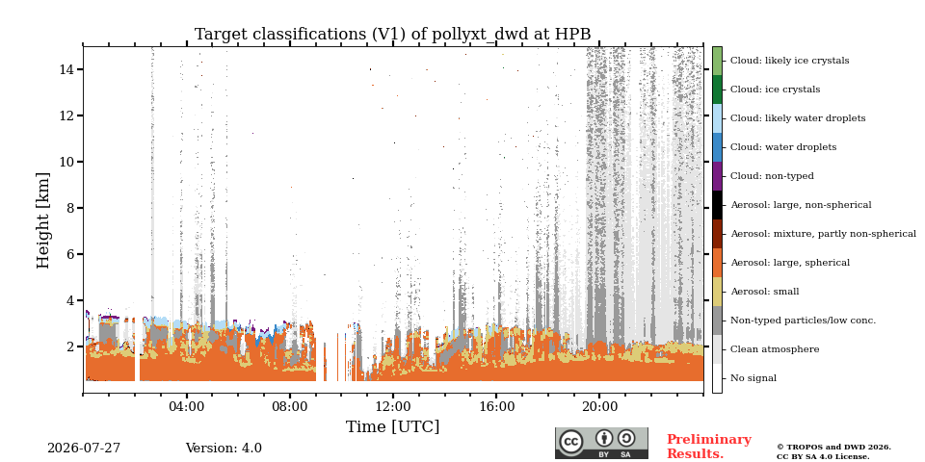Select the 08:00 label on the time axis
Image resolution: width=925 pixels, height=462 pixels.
tap(290, 406)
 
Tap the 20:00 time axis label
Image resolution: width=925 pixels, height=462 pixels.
tap(600, 406)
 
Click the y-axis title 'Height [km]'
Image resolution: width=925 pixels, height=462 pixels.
tap(43, 220)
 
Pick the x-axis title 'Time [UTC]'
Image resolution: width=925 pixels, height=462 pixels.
tap(393, 426)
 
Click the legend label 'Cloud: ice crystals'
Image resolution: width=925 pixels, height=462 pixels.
tap(775, 90)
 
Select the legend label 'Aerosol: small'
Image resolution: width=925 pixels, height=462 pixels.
tap(765, 292)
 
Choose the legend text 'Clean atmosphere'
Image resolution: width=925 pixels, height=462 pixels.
tap(775, 349)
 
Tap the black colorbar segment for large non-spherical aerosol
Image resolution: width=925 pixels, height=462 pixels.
tap(717, 205)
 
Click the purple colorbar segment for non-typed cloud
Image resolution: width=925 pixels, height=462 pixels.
tap(717, 176)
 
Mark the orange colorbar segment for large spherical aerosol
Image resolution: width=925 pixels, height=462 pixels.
tap(717, 263)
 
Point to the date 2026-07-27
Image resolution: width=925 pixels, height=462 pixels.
tap(84, 449)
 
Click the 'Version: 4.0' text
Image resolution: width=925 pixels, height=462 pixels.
tap(224, 449)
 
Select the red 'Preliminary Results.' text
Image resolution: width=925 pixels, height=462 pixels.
tap(709, 447)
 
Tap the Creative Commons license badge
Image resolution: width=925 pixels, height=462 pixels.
tap(601, 443)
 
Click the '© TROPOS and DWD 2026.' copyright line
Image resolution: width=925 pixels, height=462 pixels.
tap(833, 448)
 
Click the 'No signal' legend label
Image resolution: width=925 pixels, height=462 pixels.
tap(753, 378)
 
